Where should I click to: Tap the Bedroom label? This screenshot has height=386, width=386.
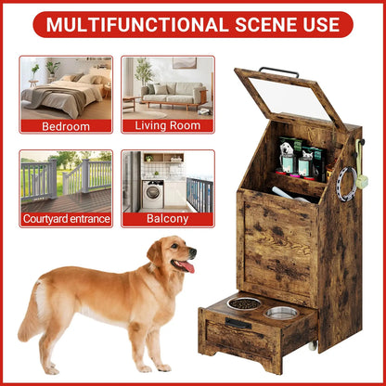pyautogui.click(x=66, y=125)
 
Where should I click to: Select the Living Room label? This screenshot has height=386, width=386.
pyautogui.click(x=167, y=125)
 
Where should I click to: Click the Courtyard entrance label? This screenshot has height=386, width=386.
pyautogui.click(x=66, y=219)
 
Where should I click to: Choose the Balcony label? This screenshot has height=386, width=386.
pyautogui.click(x=167, y=219)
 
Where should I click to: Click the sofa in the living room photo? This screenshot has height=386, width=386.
pyautogui.click(x=173, y=94)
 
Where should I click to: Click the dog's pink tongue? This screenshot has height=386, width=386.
pyautogui.click(x=188, y=267)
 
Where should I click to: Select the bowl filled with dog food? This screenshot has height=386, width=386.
pyautogui.click(x=245, y=303)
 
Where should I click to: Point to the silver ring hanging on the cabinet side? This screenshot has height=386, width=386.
pyautogui.click(x=346, y=186)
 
